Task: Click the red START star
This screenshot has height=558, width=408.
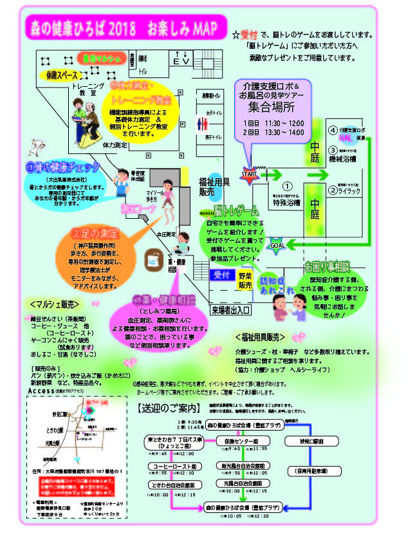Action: click(248, 174)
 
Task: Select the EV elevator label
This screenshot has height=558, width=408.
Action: click(182, 60)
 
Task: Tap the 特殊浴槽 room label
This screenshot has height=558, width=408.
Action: click(288, 202)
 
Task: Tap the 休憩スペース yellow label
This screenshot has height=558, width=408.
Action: click(62, 76)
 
